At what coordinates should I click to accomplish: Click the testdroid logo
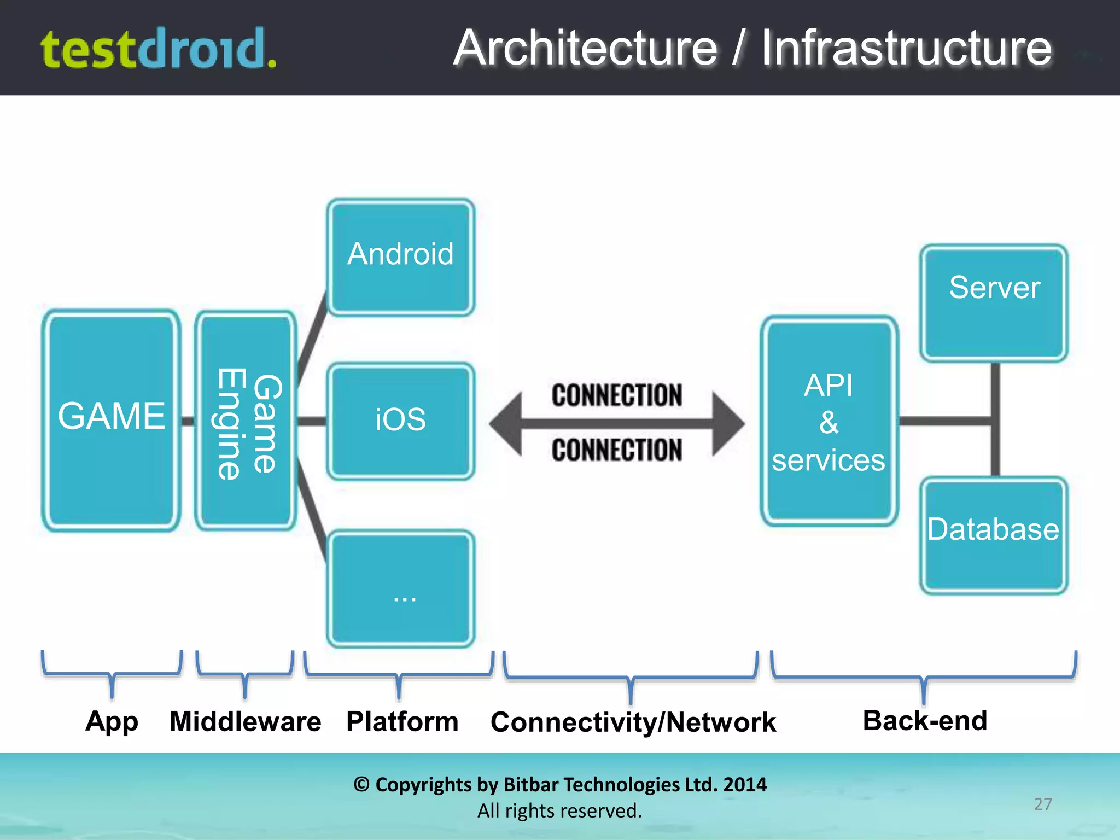click(x=159, y=49)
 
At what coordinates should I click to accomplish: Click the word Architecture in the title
click(x=585, y=48)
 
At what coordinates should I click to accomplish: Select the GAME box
click(x=112, y=420)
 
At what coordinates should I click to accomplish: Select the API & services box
click(x=829, y=421)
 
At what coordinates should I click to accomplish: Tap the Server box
click(x=994, y=302)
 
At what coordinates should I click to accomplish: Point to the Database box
click(x=993, y=535)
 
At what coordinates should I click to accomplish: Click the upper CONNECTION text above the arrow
click(x=617, y=395)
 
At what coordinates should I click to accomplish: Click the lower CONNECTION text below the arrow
click(x=617, y=450)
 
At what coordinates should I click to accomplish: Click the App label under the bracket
click(x=112, y=721)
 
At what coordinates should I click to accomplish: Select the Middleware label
click(x=246, y=721)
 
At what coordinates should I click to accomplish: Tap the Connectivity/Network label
click(x=633, y=722)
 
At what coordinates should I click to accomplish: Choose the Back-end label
click(x=925, y=720)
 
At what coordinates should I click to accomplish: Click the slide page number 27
click(x=1042, y=804)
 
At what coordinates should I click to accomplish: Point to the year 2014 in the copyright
click(x=745, y=784)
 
